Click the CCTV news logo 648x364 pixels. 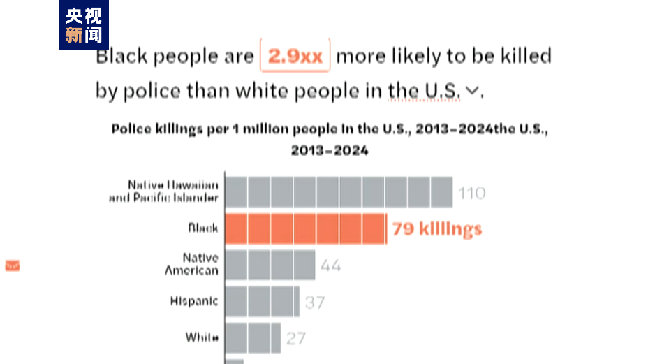83,25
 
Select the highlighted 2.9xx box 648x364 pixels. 295,56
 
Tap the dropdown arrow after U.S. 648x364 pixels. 473,90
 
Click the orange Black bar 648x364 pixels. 306,229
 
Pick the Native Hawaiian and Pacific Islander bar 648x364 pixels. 339,192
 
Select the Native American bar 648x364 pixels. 270,265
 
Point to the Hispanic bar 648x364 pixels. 263,302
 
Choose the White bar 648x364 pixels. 253,337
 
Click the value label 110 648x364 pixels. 471,193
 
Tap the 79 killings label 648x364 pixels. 437,229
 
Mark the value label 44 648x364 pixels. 331,265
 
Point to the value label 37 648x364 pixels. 314,303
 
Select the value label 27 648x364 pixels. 296,338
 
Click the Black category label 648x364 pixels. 202,228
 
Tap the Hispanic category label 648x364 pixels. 194,301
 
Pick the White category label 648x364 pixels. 202,337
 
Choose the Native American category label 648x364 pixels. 192,264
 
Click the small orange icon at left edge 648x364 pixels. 12,265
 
